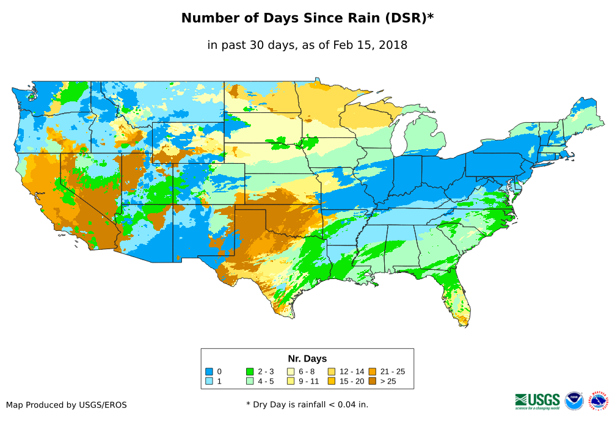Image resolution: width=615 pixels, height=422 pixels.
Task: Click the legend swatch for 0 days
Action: click(x=209, y=371)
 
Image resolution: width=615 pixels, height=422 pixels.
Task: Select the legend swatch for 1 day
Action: click(x=209, y=381)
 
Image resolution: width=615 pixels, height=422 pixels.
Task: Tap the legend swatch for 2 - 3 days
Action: click(x=250, y=371)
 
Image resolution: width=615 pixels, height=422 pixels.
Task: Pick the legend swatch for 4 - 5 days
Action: click(x=250, y=381)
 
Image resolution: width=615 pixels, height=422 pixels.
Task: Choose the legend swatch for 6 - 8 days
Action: click(x=291, y=371)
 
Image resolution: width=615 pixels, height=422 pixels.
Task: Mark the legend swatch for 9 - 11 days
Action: click(x=291, y=381)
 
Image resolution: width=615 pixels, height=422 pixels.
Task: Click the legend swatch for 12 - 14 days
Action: click(x=331, y=371)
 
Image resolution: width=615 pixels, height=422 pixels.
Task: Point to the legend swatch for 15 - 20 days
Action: click(x=331, y=381)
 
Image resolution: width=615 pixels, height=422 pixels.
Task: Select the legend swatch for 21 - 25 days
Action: click(x=372, y=371)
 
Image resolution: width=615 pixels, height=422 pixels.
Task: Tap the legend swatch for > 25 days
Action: click(x=372, y=381)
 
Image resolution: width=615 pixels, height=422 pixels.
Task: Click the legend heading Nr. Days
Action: click(x=307, y=358)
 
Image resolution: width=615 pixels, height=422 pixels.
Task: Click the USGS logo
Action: click(x=537, y=400)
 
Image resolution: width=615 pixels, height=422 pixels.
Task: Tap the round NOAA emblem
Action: click(x=574, y=401)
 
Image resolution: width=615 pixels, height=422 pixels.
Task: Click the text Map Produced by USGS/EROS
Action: click(x=67, y=404)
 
